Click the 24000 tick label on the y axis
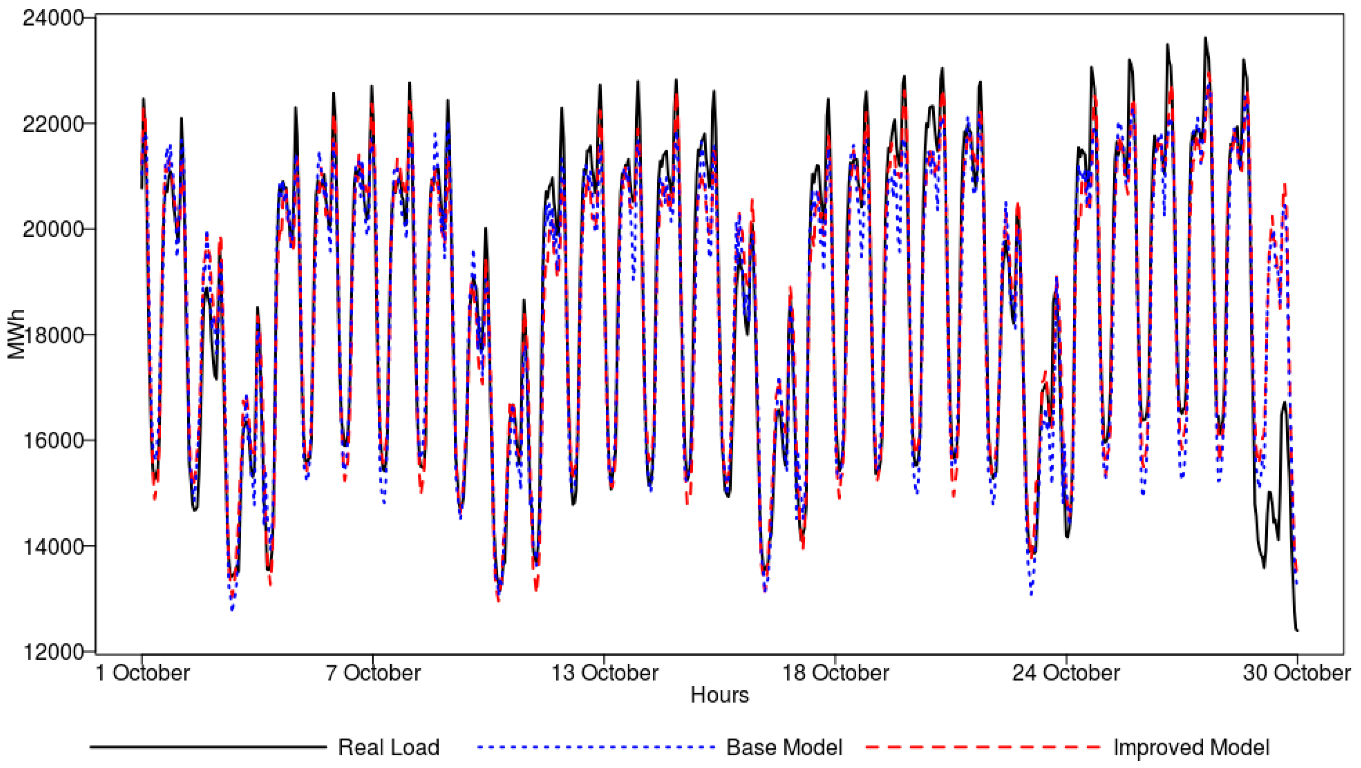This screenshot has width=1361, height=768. point(53,18)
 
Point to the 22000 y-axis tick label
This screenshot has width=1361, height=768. point(53,124)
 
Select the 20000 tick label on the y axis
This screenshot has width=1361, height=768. point(53,230)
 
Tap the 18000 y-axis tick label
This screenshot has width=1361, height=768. point(53,335)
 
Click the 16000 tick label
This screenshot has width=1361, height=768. point(53,441)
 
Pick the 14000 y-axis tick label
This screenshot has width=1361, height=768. point(53,547)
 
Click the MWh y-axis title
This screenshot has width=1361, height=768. point(17,335)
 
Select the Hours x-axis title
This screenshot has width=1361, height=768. point(720,695)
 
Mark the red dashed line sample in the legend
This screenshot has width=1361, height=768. point(983,747)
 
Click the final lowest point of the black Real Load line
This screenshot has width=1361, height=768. point(1297,631)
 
